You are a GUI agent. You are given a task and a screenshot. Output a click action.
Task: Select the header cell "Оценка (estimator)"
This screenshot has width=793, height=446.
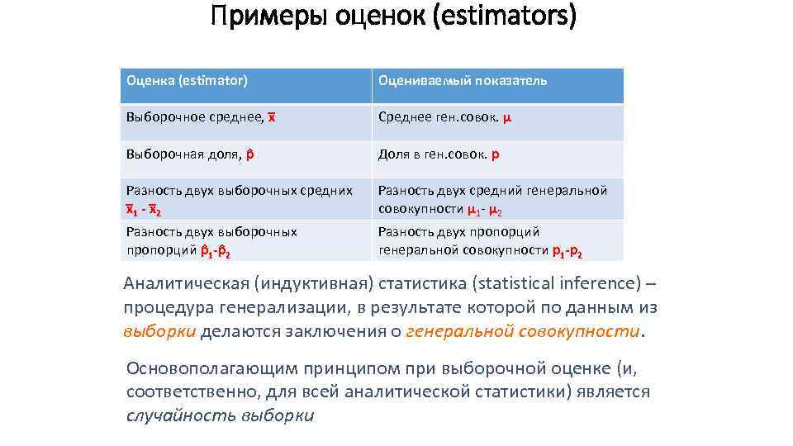[187, 80]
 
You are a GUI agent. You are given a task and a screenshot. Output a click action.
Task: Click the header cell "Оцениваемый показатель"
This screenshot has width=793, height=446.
[463, 80]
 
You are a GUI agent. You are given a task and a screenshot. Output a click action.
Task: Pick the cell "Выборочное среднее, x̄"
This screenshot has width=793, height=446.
[201, 117]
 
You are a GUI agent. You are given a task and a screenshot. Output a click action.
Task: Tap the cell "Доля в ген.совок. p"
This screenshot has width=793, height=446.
[439, 154]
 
